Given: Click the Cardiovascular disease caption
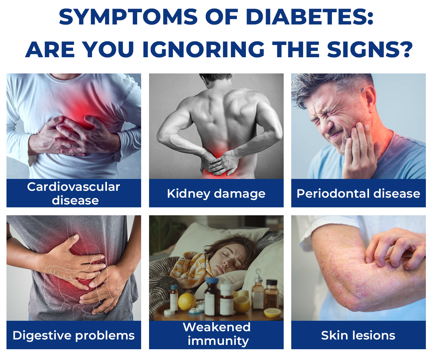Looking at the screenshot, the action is pyautogui.click(x=74, y=193).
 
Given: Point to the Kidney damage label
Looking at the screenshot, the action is pyautogui.click(x=216, y=193).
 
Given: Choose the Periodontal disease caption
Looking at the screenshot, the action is pyautogui.click(x=358, y=193).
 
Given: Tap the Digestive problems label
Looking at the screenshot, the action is pyautogui.click(x=74, y=336).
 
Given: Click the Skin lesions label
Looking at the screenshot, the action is pyautogui.click(x=358, y=336).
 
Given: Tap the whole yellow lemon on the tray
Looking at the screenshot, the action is pyautogui.click(x=187, y=302).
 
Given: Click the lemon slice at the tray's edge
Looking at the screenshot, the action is pyautogui.click(x=272, y=313).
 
